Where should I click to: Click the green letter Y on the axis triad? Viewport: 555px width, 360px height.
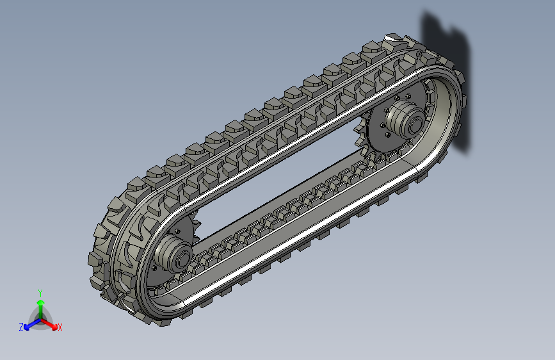point(40,293)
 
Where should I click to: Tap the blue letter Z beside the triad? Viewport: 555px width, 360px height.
point(21,327)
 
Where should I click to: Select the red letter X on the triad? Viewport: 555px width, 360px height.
point(60,327)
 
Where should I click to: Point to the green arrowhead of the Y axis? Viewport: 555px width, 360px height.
point(41,302)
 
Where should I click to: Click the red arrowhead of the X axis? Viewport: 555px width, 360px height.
point(54,327)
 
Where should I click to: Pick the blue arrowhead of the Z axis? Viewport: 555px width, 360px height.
point(27,327)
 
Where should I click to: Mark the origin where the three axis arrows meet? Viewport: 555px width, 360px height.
point(41,320)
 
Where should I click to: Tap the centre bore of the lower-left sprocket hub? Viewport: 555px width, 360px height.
point(183,259)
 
